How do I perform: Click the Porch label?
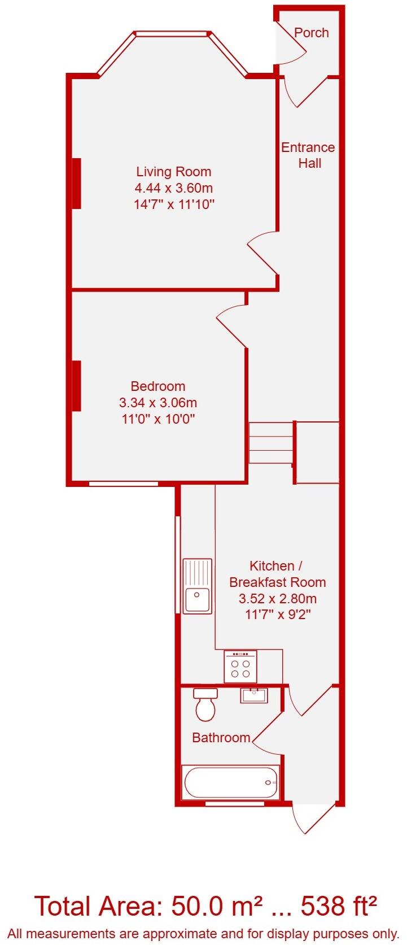311,33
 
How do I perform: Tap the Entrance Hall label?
308,155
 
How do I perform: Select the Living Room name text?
174,172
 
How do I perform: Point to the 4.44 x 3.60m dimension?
174,188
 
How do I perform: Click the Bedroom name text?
158,386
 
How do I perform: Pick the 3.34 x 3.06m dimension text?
158,403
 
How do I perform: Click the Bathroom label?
221,737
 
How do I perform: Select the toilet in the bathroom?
204,706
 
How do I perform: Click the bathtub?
230,782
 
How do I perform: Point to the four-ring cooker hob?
240,666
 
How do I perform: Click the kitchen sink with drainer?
197,586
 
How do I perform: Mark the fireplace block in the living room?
76,184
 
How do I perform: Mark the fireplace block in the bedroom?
76,386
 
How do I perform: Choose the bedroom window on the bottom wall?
123,484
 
